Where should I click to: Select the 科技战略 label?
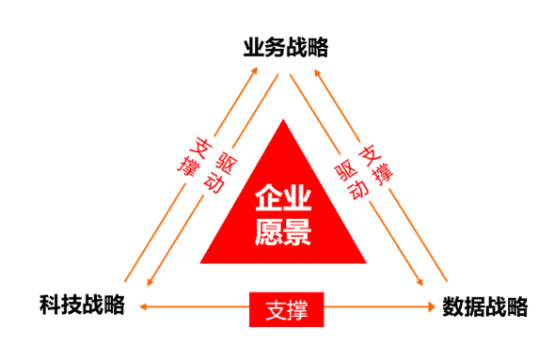[82, 305]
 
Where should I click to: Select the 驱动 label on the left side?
[218, 167]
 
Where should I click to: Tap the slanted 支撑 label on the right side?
[377, 158]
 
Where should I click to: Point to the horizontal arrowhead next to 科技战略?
[143, 305]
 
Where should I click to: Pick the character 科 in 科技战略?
[50, 305]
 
